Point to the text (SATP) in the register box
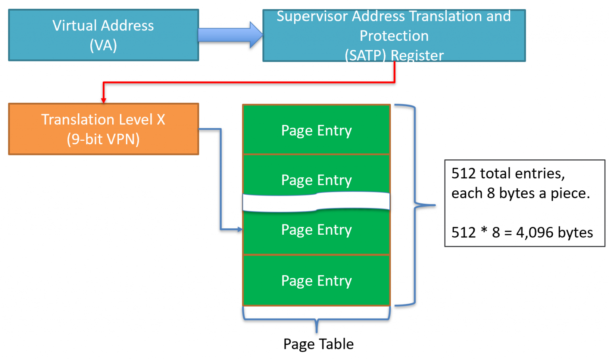365,56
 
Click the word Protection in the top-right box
394,36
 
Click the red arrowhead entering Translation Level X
103,100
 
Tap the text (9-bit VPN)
103,140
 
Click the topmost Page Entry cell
316,130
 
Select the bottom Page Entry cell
316,281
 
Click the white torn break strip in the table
316,203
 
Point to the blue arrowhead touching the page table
239,229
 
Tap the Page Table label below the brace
318,344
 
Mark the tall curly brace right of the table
415,205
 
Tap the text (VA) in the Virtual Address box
103,46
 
